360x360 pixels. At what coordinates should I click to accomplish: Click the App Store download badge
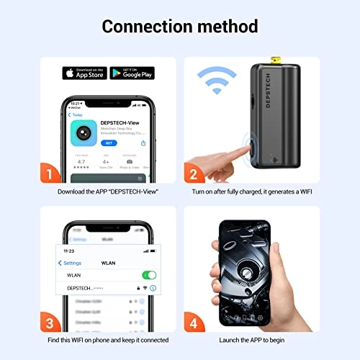(x=85, y=73)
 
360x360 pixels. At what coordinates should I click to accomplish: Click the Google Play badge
(x=133, y=73)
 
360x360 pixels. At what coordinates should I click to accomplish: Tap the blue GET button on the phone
(x=108, y=143)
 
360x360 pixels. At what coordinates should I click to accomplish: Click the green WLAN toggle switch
(x=150, y=275)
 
